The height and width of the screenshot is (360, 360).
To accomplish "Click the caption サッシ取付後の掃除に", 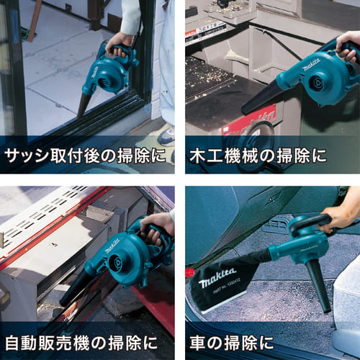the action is point(85,156).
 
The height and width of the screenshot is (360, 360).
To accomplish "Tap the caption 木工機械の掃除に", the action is point(258,156).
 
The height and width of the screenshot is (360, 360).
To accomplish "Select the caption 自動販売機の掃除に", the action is point(81,343).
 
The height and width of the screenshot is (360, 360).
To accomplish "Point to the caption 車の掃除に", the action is point(232,343).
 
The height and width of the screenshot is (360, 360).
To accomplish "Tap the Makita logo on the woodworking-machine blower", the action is point(311,65).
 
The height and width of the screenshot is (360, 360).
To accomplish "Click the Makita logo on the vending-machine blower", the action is point(112,246).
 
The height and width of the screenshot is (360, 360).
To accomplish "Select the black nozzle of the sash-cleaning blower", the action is point(84,104).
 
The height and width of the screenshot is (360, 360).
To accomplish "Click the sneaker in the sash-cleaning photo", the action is point(166,136).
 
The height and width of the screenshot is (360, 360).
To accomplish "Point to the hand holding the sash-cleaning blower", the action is point(118,45).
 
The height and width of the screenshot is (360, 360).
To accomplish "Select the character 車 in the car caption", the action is point(198,343).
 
